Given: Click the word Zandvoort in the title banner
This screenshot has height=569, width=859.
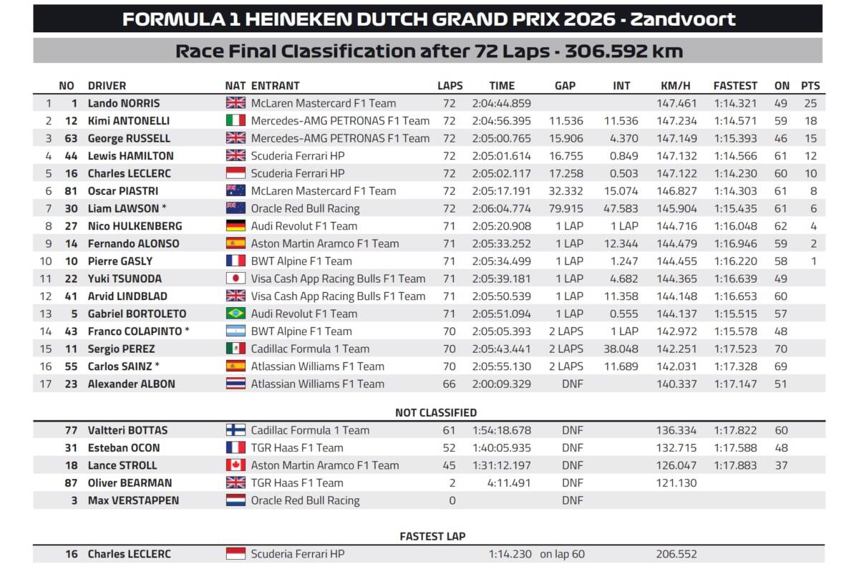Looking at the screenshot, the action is coord(683,19).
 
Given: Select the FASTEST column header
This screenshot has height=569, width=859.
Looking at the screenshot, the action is coord(735,85).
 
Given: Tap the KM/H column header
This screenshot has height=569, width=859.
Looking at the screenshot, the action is coord(675,85).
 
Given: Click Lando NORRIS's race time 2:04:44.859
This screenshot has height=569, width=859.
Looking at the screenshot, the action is coord(501,103).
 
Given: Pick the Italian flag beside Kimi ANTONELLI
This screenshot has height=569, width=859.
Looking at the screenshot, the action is coord(236,120).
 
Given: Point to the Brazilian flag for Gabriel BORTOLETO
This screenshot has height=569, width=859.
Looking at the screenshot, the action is coord(236,313).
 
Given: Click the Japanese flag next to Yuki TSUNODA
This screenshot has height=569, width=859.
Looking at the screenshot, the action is coord(236,278).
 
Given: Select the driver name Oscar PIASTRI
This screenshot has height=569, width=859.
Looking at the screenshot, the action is coord(122,191).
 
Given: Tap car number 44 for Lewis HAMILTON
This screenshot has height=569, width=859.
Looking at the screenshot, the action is coord(71,156).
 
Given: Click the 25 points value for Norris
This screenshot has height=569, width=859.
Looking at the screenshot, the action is coord(810,103).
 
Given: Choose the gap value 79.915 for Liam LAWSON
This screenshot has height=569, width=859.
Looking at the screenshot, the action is coord(566,208).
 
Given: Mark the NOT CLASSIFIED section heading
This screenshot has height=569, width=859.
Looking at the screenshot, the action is coord(436,412).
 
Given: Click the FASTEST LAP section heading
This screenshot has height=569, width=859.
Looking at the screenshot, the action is coord(432,536).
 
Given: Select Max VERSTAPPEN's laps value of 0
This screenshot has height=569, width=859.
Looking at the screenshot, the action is coord(452,500).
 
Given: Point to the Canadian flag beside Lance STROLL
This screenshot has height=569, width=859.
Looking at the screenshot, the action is coord(236,465).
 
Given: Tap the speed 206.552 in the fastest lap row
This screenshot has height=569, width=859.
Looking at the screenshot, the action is coord(676,554).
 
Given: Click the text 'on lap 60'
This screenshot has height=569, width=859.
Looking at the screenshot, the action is coord(562,554).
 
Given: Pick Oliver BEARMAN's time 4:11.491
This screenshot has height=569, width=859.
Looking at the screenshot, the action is coord(509,482).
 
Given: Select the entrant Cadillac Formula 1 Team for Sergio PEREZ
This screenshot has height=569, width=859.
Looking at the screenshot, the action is coord(310,349).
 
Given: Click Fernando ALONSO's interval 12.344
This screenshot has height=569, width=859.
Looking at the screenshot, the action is coord(621,243).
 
